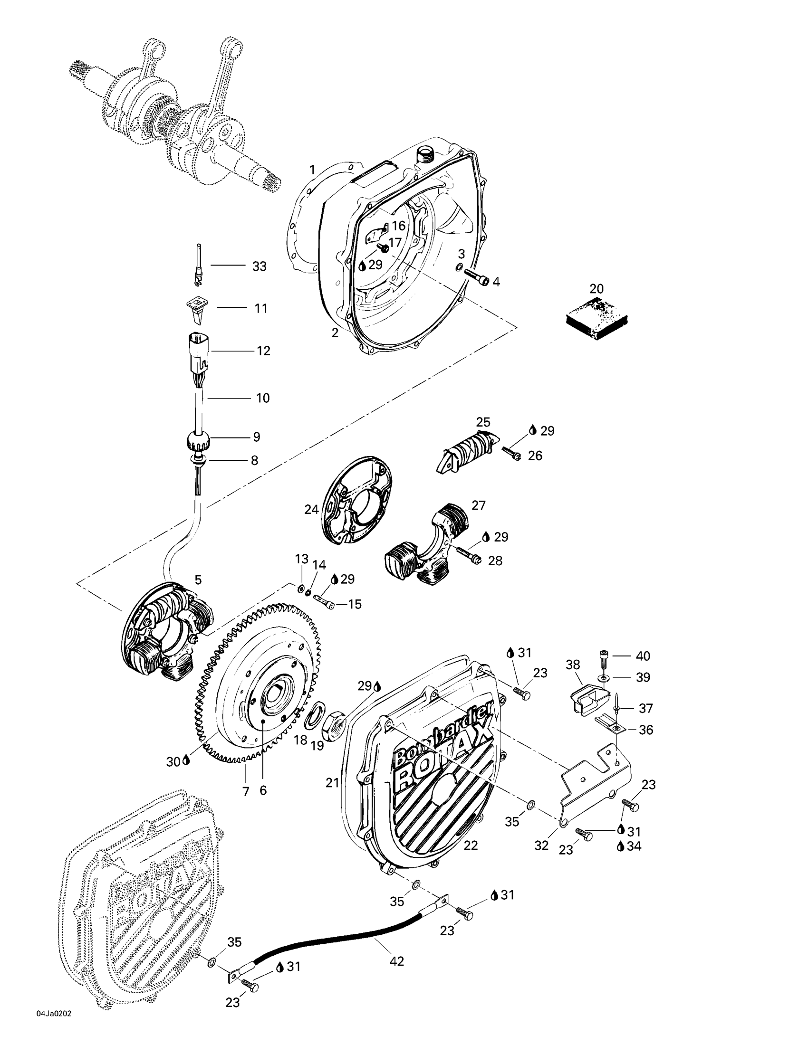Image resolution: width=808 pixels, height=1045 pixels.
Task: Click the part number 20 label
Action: coord(596,288)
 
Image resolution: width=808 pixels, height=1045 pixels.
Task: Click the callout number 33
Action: coord(259,266)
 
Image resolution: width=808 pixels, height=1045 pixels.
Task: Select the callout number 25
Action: coord(483,422)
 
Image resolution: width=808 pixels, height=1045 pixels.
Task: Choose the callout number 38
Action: coord(573,665)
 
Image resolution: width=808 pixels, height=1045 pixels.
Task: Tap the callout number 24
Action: coord(311,510)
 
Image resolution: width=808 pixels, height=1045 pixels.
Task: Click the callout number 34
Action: coord(633,846)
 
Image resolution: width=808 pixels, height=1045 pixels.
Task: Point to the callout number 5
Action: coord(198,580)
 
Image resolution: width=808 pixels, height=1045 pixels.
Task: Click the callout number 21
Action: coord(332,783)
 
